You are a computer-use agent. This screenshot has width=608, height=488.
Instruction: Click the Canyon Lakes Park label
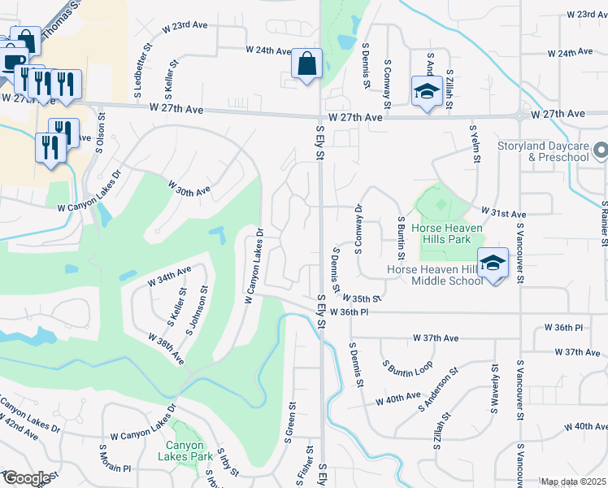click(189, 451)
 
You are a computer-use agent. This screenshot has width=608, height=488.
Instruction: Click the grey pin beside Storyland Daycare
click(600, 150)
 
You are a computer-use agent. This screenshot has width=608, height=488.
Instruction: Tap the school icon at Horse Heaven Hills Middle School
click(492, 264)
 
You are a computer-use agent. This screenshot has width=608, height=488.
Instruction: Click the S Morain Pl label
click(115, 468)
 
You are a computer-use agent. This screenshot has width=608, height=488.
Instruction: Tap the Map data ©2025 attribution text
click(573, 481)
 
